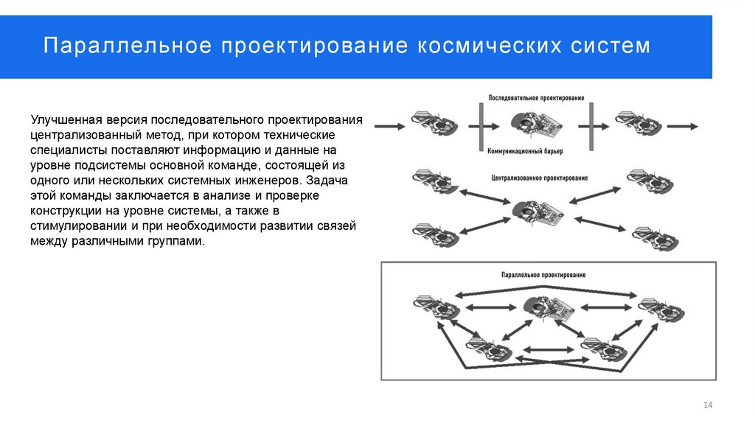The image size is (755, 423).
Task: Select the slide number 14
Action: point(709,405)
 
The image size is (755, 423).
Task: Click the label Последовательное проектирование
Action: point(537,98)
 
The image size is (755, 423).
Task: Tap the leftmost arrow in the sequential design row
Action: point(389,126)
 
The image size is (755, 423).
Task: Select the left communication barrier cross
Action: point(480,126)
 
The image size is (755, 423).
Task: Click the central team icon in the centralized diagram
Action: point(536,212)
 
